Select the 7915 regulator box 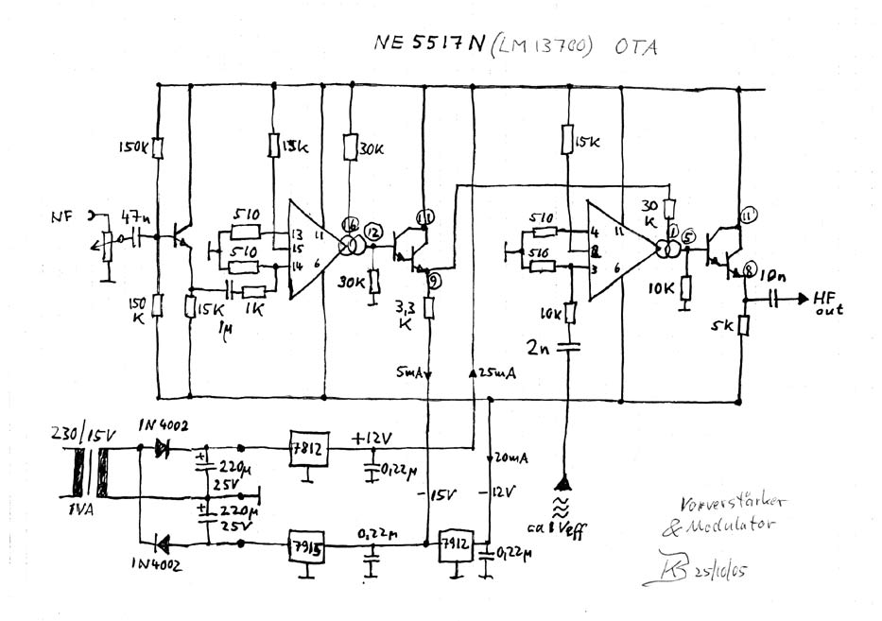point(307,547)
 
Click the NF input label point(61,216)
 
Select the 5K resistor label point(724,328)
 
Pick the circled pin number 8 point(750,268)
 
